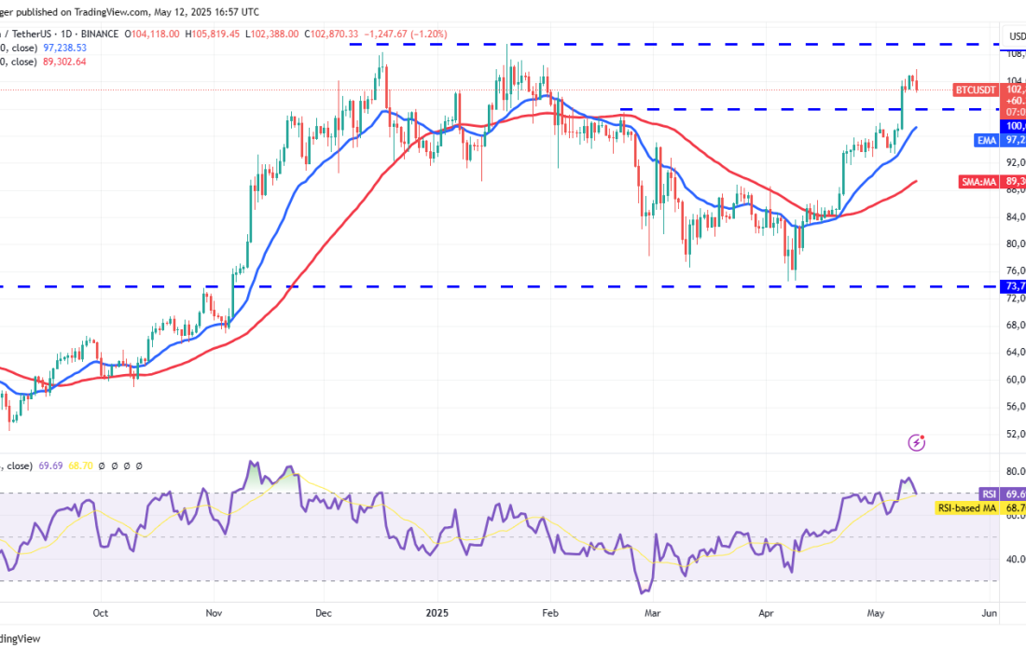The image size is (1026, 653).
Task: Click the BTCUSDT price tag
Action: pos(976,90)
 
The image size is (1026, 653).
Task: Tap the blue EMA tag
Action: pos(985,140)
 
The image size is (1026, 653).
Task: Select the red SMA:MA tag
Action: pos(977,182)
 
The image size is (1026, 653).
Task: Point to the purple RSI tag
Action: pos(989,493)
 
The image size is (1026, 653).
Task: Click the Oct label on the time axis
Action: pos(101,613)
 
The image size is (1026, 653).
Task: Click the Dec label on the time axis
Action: pos(324,613)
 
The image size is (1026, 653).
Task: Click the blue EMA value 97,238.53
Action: pos(60,47)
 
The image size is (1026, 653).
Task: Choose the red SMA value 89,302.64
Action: pos(60,62)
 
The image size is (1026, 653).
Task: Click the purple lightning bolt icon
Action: pos(917,442)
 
